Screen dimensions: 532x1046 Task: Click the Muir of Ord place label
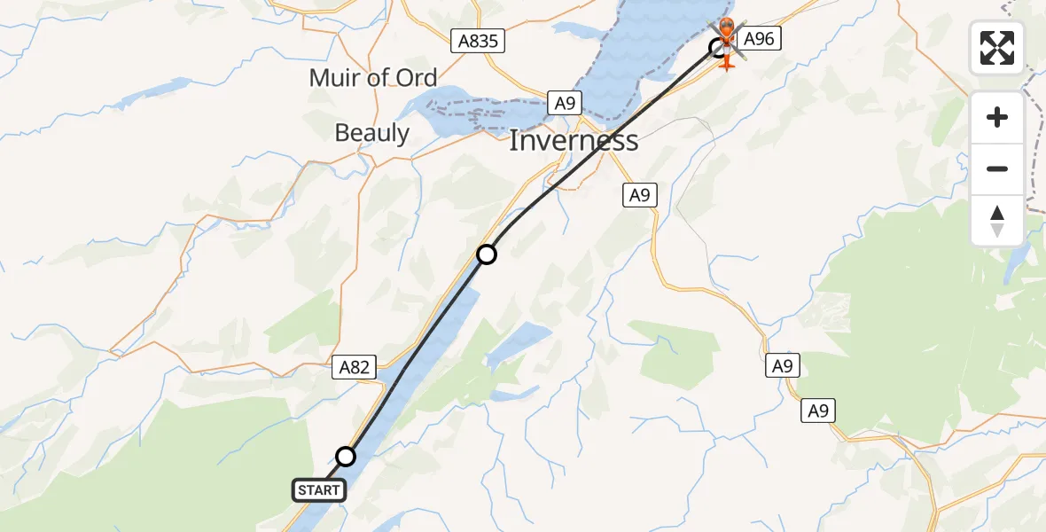pyautogui.click(x=373, y=78)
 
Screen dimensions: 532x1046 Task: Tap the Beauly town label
pyautogui.click(x=372, y=134)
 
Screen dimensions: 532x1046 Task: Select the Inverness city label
pyautogui.click(x=574, y=140)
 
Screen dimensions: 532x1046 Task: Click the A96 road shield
pyautogui.click(x=759, y=39)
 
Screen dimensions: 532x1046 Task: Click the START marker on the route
pyautogui.click(x=319, y=489)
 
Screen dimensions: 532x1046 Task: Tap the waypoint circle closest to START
pyautogui.click(x=346, y=457)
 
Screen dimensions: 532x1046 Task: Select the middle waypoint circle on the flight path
pyautogui.click(x=487, y=254)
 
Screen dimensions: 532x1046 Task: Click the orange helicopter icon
pyautogui.click(x=727, y=40)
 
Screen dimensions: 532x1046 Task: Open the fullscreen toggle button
pyautogui.click(x=997, y=48)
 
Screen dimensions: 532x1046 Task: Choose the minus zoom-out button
pyautogui.click(x=997, y=168)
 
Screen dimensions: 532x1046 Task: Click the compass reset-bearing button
pyautogui.click(x=997, y=220)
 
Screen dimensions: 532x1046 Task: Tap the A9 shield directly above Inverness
pyautogui.click(x=565, y=103)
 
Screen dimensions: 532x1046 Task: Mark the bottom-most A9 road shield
pyautogui.click(x=819, y=411)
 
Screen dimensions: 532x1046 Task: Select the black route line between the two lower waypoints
pyautogui.click(x=417, y=355)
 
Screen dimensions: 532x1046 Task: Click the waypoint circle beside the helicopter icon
pyautogui.click(x=718, y=47)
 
